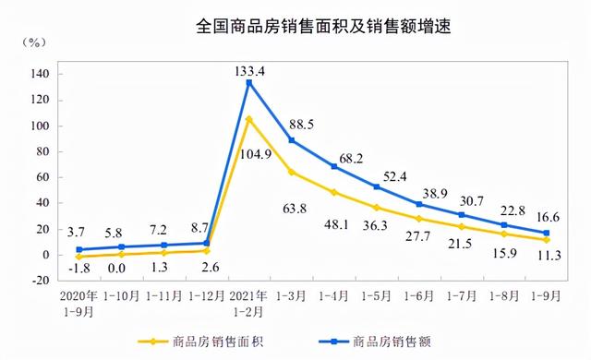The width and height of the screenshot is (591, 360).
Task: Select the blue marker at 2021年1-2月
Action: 248,82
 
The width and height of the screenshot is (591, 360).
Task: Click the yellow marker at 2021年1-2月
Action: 248,118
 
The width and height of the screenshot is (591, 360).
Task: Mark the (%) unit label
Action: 34,43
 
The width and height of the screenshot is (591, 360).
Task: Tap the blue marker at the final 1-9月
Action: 546,233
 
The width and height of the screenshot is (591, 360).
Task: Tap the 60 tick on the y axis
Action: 39,177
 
